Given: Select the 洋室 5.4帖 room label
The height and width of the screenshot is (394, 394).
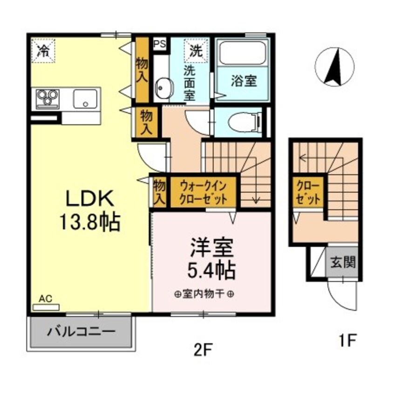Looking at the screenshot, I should pos(211,258).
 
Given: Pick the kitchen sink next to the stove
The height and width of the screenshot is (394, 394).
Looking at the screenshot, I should pos(85,99).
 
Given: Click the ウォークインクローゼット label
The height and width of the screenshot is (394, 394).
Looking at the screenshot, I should pos(204,191).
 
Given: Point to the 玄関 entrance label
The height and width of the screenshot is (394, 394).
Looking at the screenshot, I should pos(344,262).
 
